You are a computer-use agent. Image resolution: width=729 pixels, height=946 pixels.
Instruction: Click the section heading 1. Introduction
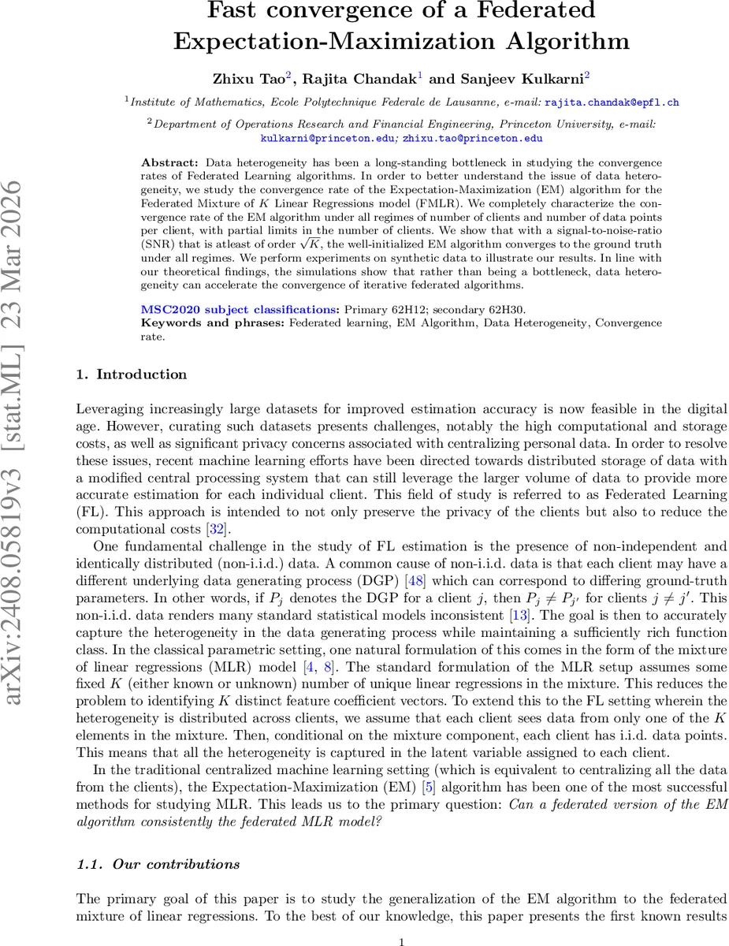coord(132,374)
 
